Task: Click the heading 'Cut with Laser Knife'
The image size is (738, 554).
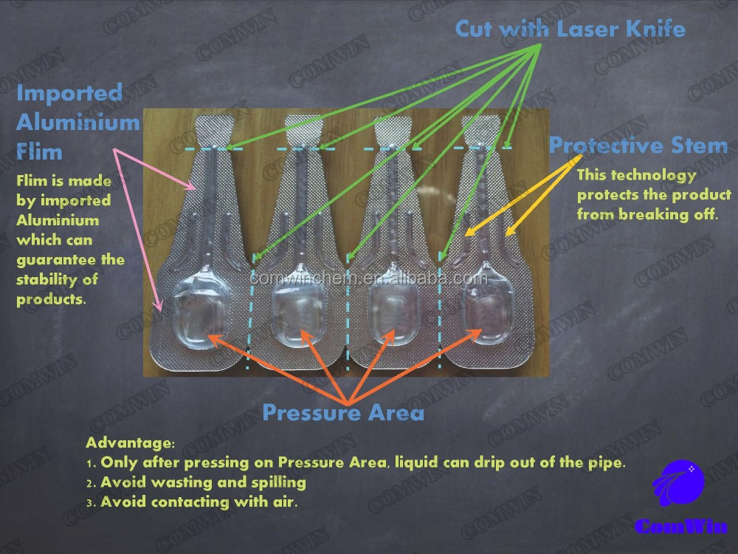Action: [x=570, y=29]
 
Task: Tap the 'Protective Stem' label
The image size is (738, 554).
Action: [x=638, y=145]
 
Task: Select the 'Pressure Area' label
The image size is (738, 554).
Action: [x=343, y=412]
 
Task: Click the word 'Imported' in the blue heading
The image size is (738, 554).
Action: [x=69, y=93]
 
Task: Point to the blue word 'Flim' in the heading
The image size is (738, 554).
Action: [x=39, y=152]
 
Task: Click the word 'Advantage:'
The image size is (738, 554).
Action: [x=130, y=443]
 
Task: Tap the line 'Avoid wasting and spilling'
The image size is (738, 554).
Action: [x=203, y=482]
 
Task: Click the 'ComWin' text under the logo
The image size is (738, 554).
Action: [x=680, y=526]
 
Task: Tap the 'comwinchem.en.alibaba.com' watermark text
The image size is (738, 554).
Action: [x=368, y=278]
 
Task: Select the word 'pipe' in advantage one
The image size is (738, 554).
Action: [x=608, y=463]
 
